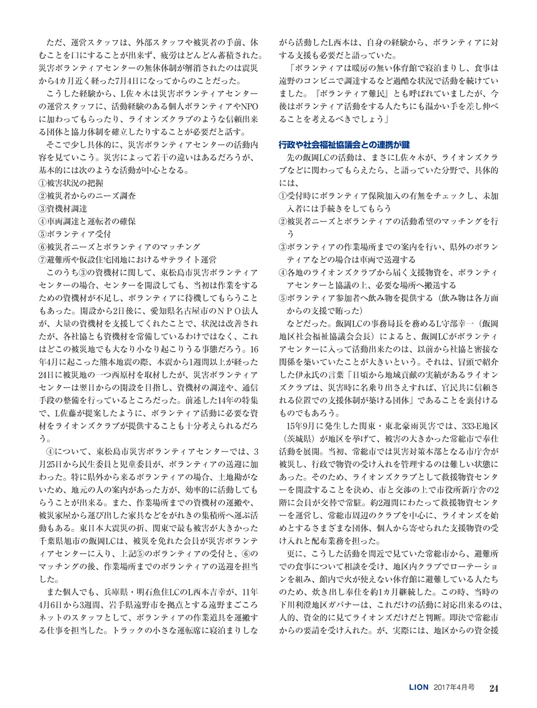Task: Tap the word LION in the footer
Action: pyautogui.click(x=419, y=687)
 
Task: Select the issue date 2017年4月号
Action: pyautogui.click(x=455, y=687)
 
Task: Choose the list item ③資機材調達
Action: pyautogui.click(x=63, y=209)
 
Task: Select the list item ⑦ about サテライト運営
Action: pyautogui.click(x=127, y=259)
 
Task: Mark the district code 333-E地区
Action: pyautogui.click(x=478, y=426)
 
